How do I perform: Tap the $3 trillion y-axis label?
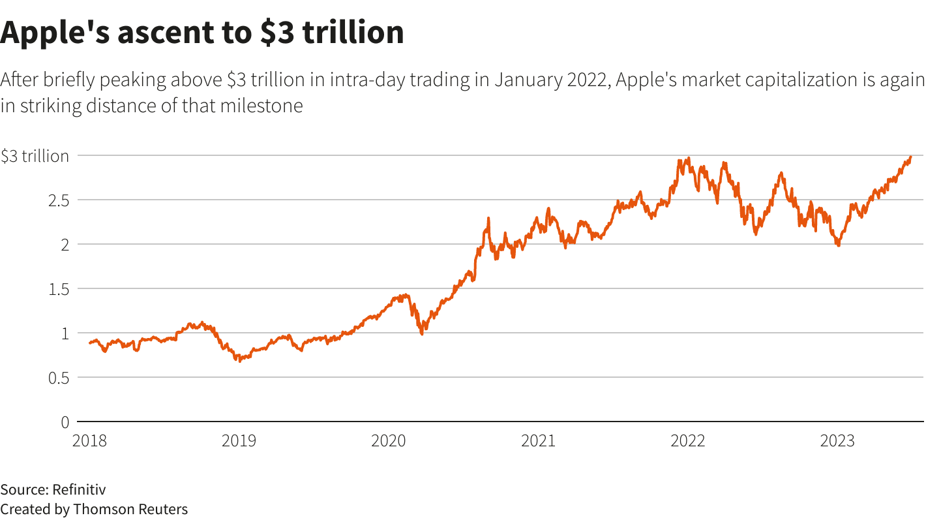click(x=35, y=156)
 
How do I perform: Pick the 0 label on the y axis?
click(x=65, y=422)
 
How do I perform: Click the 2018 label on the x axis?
click(x=89, y=441)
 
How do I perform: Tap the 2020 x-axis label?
click(x=388, y=441)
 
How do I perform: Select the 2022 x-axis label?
click(x=687, y=441)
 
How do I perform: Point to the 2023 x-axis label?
click(x=837, y=441)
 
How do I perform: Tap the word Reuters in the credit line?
click(x=164, y=509)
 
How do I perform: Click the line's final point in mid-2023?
click(x=910, y=157)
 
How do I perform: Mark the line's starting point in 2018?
click(x=90, y=343)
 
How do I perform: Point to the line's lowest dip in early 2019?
click(x=239, y=360)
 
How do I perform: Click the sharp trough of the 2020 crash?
click(x=421, y=333)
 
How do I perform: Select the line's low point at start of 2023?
click(x=838, y=245)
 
